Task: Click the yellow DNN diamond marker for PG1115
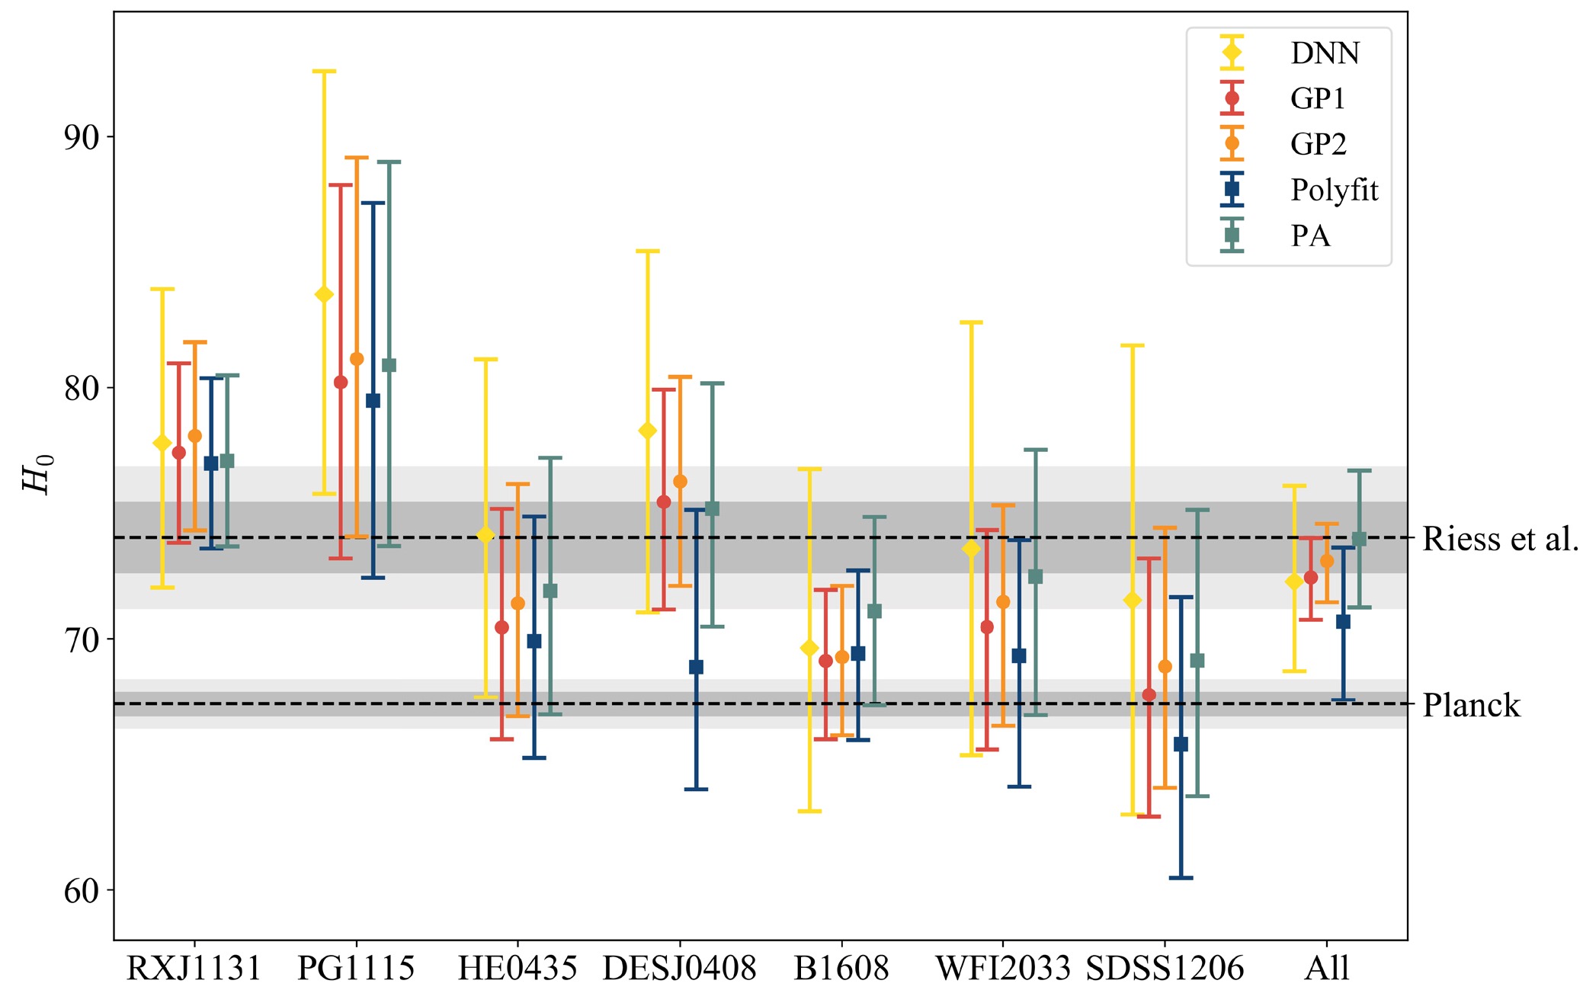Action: click(324, 295)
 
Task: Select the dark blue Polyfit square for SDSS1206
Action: click(1181, 745)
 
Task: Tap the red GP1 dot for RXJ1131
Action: click(179, 453)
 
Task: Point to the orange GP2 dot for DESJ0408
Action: click(680, 482)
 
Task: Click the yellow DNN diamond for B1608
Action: click(809, 649)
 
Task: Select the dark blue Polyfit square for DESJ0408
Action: click(696, 668)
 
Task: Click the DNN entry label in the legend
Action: click(1325, 53)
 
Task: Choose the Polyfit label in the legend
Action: click(1334, 191)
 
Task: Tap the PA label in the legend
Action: click(1310, 236)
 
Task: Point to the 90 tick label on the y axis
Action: click(82, 138)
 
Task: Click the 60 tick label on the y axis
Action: click(82, 890)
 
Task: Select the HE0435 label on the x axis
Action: click(517, 969)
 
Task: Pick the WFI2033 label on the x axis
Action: click(1003, 969)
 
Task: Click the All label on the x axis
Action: click(1326, 969)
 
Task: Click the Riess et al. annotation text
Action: click(1500, 539)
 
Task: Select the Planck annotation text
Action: click(1471, 705)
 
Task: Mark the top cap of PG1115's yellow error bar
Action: click(324, 72)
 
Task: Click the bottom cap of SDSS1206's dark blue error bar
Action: click(1181, 878)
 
